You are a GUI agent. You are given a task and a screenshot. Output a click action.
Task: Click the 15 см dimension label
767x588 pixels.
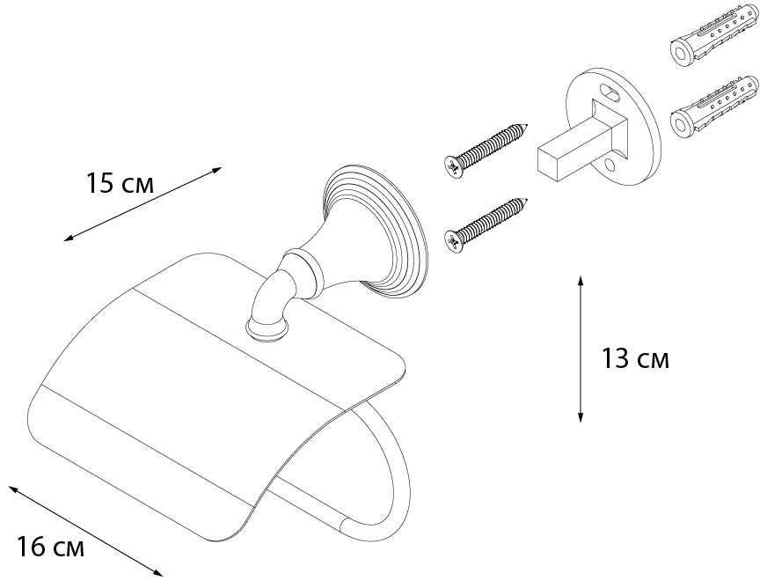pos(120,184)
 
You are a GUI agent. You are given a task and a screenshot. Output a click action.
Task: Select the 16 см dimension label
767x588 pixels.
pos(51,547)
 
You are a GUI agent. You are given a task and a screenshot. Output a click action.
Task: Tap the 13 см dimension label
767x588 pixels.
pos(635,359)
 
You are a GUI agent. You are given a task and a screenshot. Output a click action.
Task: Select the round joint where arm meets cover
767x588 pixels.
pos(267,328)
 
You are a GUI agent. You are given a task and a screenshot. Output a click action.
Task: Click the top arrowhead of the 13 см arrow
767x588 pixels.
pos(581,280)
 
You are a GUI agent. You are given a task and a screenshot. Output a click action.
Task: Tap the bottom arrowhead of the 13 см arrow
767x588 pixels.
pos(581,417)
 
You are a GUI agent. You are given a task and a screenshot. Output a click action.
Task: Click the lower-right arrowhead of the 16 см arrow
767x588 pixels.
pos(157,573)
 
